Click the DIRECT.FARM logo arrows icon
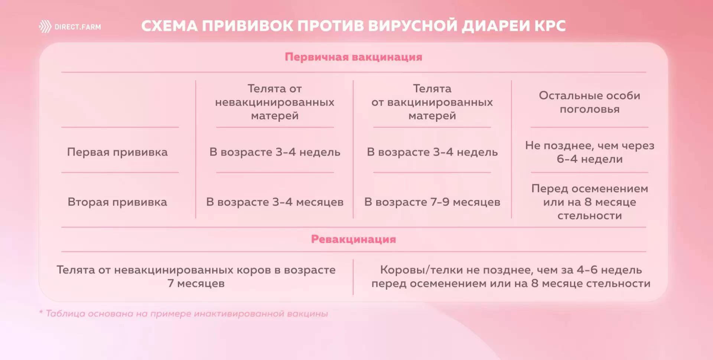coord(45,27)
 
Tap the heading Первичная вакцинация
coord(353,57)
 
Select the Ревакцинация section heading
coord(353,239)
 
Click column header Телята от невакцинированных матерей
coord(274,102)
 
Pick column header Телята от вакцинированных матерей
coord(432,102)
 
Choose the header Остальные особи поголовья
coord(589,102)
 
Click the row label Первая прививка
coord(117,152)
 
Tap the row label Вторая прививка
coord(117,202)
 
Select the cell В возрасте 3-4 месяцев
coord(274,202)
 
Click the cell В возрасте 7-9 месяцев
coord(432,202)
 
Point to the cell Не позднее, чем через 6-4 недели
coord(589,152)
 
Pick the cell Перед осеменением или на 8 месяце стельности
coord(589,202)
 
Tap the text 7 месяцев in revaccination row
coord(196,283)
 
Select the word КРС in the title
coord(550,26)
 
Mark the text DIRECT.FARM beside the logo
coord(78,27)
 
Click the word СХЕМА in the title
coord(170,26)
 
